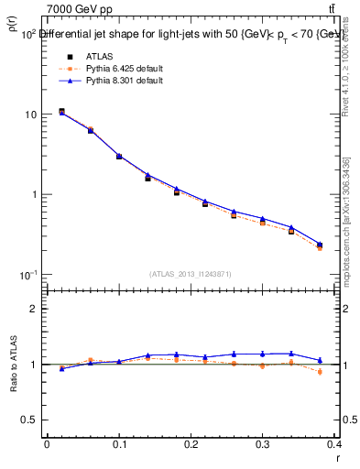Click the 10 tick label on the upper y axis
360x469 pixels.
pos(30,115)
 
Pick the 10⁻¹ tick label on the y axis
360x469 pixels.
pos(27,275)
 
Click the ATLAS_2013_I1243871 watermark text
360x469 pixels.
pos(191,274)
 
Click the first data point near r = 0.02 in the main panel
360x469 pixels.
pos(61,111)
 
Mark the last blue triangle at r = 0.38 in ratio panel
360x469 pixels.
pos(320,360)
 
